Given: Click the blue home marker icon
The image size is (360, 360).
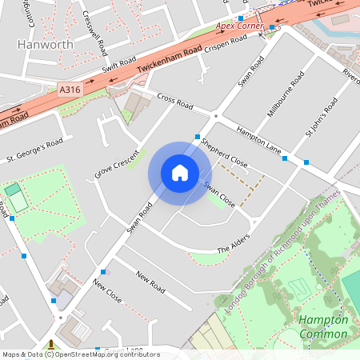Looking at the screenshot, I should coord(180,173).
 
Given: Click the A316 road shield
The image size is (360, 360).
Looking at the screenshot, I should coord(70,92).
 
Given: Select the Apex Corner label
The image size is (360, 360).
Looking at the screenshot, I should coord(239,26).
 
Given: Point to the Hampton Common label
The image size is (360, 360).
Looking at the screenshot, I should coord(322,326).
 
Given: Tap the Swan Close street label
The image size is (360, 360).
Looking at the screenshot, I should coord(218,194).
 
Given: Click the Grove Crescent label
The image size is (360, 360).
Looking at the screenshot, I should coord(117,162).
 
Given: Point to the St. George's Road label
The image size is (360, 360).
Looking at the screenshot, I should coord(34,148).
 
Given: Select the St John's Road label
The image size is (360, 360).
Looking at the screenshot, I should coord(322,121).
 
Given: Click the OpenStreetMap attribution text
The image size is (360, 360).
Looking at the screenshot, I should coord(80,354).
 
